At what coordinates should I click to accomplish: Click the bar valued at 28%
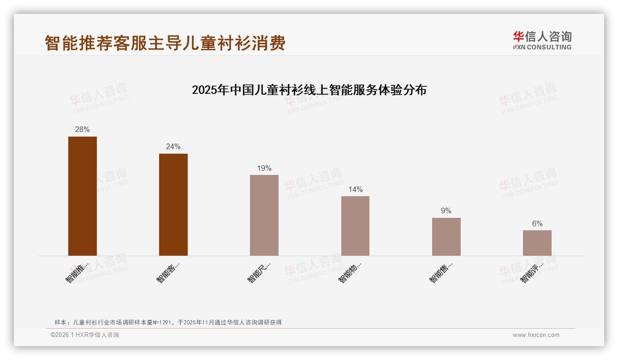pos(83,196)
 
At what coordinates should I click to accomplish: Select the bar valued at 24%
pos(173,204)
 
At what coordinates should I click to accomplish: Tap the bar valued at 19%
pos(264,215)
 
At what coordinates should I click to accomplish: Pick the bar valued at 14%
pos(355,226)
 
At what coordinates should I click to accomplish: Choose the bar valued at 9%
pos(446,236)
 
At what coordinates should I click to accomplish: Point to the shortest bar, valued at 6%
pos(537,243)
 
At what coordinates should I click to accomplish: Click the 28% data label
pos(83,130)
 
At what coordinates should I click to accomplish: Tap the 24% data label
pos(173,147)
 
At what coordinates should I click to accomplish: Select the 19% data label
pos(264,168)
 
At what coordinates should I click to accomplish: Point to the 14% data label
pos(355,189)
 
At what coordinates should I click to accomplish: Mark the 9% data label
pos(446,211)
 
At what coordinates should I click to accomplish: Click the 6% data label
pos(537,223)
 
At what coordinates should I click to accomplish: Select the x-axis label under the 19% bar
pos(259,273)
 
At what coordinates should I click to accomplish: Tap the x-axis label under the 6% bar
pos(532,273)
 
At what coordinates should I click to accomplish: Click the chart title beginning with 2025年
pos(309,90)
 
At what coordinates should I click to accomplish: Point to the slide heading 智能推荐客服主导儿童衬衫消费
pos(165,43)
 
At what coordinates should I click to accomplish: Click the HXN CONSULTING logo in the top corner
pos(542,40)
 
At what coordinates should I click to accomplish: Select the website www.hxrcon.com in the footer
pos(536,335)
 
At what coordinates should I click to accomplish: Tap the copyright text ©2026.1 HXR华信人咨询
pos(85,335)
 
